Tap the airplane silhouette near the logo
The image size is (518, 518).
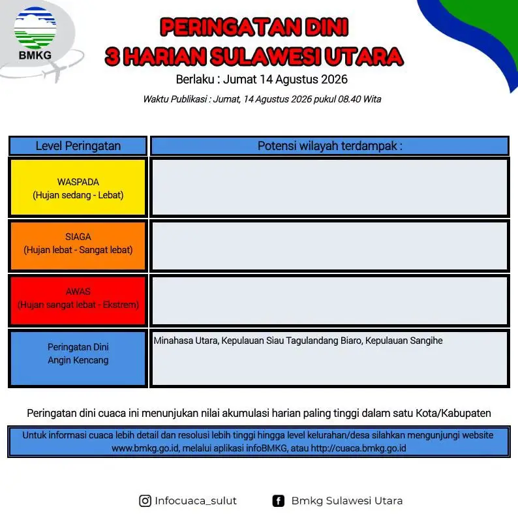pyautogui.click(x=55, y=72)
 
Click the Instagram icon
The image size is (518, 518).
pyautogui.click(x=145, y=501)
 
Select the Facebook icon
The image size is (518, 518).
pyautogui.click(x=278, y=501)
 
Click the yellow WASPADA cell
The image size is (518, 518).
pyautogui.click(x=78, y=187)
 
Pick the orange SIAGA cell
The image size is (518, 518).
pyautogui.click(x=78, y=245)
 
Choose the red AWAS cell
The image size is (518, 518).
pyautogui.click(x=78, y=300)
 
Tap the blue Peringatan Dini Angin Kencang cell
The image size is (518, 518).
pyautogui.click(x=78, y=358)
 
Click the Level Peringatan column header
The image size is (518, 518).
pyautogui.click(x=78, y=145)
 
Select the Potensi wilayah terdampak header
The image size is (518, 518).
pyautogui.click(x=329, y=145)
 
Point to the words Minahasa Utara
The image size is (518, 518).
pyautogui.click(x=186, y=341)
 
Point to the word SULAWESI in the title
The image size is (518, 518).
pyautogui.click(x=265, y=57)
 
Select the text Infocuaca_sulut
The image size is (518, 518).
pyautogui.click(x=196, y=501)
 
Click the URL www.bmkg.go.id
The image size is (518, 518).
pyautogui.click(x=145, y=448)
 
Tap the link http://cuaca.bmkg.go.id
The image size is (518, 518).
pyautogui.click(x=358, y=448)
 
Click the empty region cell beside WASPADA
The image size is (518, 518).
pyautogui.click(x=329, y=187)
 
